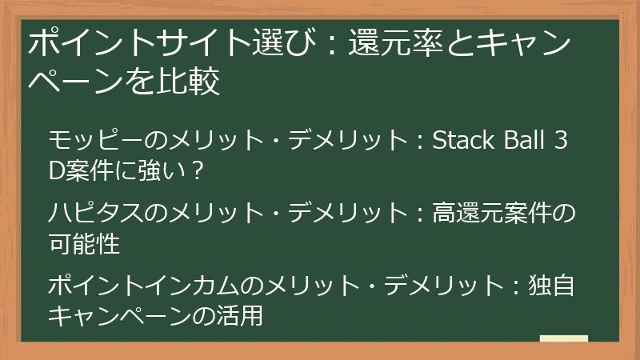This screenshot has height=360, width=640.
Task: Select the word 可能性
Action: [x=84, y=243]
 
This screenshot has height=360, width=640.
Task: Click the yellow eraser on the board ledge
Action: [x=564, y=338]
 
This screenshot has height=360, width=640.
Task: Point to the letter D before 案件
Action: [x=57, y=170]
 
